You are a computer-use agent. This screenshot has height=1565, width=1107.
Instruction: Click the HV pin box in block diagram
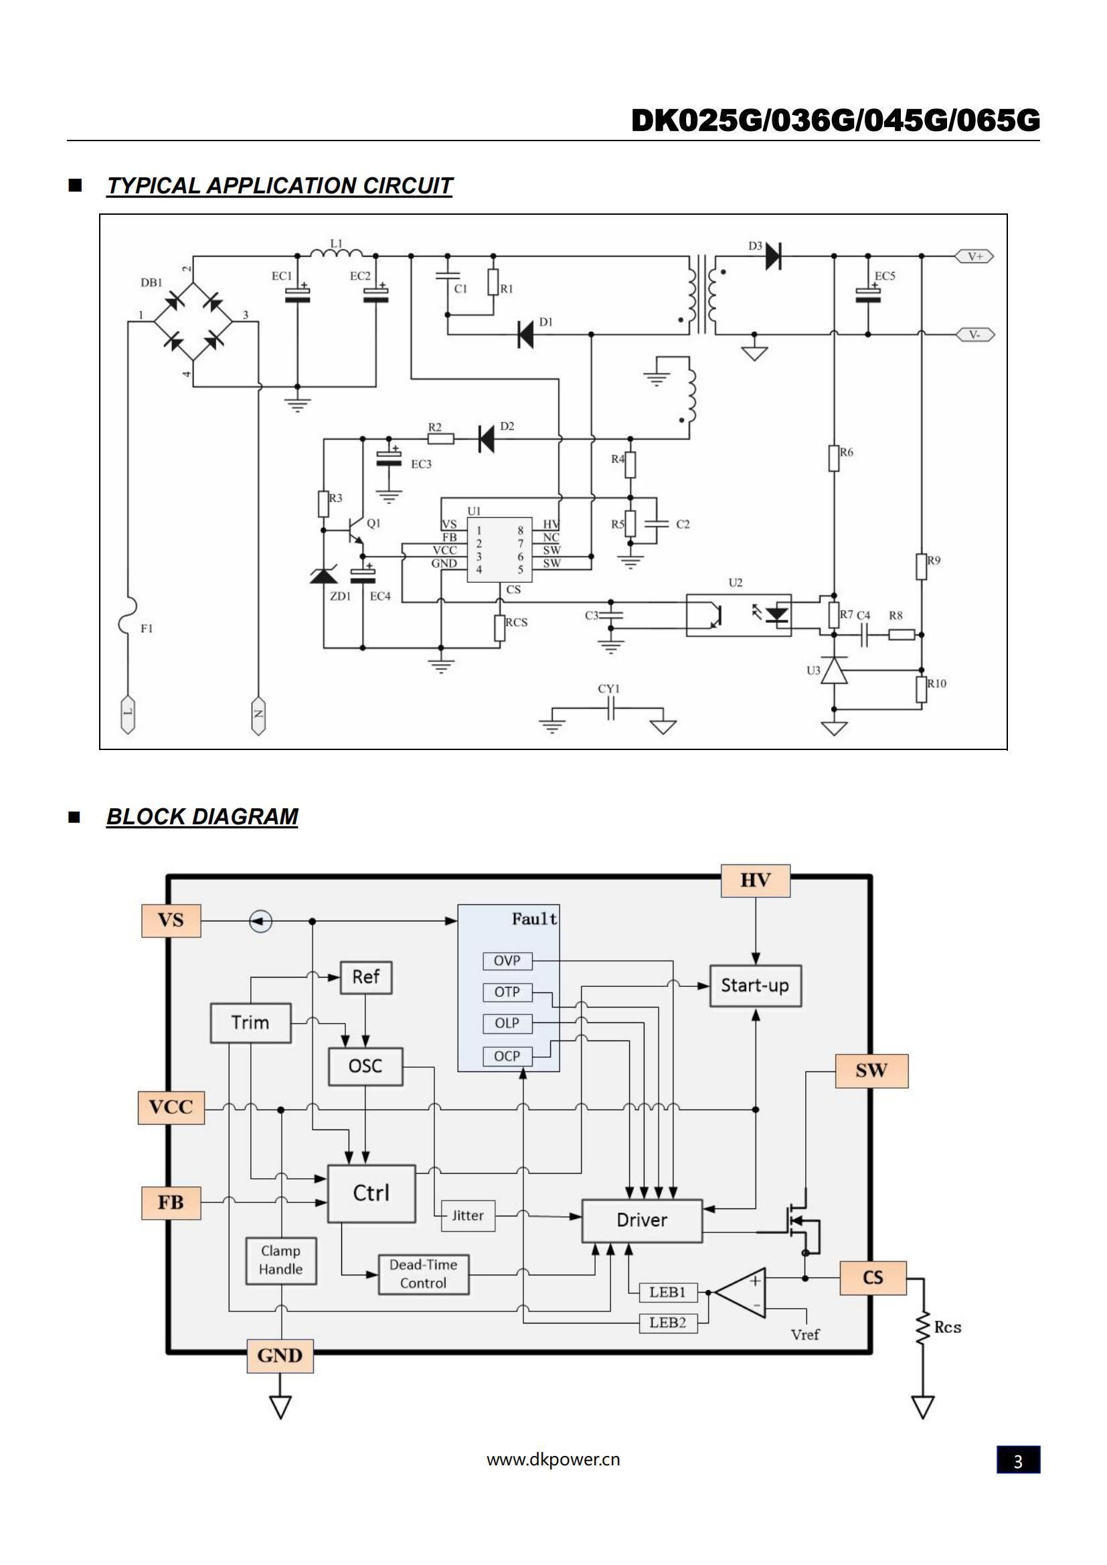[x=755, y=881]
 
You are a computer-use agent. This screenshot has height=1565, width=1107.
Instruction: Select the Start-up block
[x=755, y=986]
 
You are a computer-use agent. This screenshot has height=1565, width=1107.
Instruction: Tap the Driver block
[x=641, y=1220]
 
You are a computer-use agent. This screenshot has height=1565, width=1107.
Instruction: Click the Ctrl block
[x=371, y=1193]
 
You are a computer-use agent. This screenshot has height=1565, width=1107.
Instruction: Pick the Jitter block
[x=468, y=1215]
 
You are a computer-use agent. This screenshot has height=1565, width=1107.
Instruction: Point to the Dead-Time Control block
[x=423, y=1273]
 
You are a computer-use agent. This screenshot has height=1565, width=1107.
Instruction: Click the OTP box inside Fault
[x=507, y=992]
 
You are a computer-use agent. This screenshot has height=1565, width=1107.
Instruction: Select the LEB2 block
[x=667, y=1322]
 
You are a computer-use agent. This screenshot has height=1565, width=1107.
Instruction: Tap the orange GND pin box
[x=280, y=1356]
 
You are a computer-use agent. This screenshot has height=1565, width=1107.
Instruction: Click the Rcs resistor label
[x=948, y=1327]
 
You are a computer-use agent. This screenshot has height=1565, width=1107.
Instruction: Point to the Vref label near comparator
[x=805, y=1335]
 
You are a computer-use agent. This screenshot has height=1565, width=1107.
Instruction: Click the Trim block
[x=250, y=1022]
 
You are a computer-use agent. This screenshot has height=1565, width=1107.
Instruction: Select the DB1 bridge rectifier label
[x=151, y=282]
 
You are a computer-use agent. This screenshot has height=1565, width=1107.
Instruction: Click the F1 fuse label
[x=147, y=628]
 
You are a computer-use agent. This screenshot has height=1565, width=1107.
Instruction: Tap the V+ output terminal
[x=974, y=256]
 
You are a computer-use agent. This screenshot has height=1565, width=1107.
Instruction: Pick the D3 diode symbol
[x=773, y=256]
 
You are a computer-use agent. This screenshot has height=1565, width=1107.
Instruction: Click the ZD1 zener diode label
[x=340, y=596]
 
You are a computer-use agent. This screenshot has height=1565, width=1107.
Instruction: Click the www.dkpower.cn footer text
[x=553, y=1459]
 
